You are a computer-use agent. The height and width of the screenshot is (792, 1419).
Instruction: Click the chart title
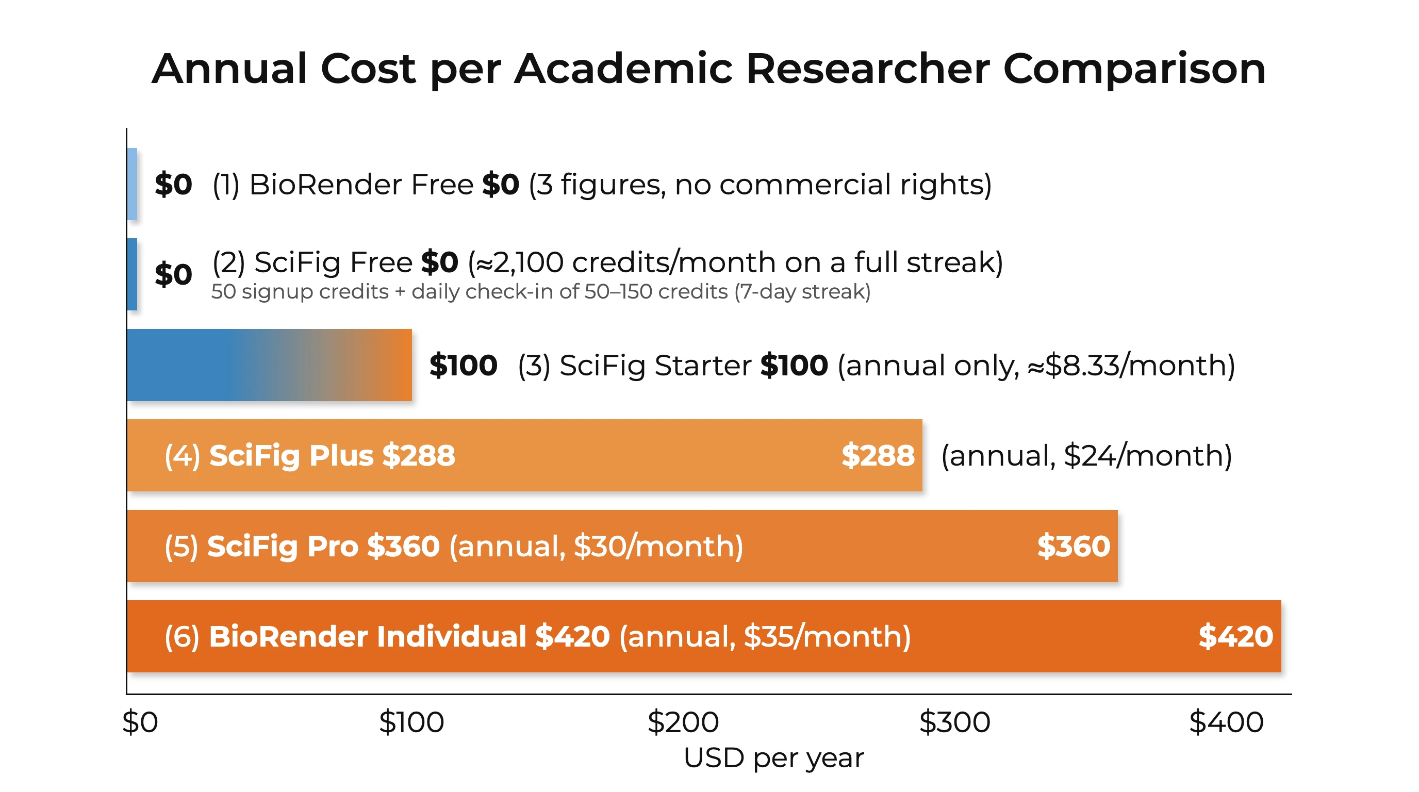click(708, 70)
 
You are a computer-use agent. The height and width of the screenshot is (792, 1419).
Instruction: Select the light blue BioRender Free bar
click(132, 184)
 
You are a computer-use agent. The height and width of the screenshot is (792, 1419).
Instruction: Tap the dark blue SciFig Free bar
click(132, 274)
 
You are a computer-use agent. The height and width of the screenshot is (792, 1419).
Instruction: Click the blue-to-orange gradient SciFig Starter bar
click(269, 365)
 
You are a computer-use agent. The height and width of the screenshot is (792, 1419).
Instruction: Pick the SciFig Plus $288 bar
click(524, 455)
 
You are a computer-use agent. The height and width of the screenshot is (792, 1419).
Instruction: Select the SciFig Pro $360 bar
click(622, 546)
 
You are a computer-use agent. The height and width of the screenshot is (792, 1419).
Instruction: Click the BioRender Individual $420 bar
click(704, 636)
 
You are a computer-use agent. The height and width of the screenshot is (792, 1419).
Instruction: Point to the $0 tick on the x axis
click(140, 722)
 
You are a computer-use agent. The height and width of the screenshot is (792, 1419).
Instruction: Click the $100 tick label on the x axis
click(411, 722)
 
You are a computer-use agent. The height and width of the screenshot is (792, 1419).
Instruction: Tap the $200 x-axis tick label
click(683, 722)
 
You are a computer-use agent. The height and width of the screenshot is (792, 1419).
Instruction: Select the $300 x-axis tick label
click(954, 722)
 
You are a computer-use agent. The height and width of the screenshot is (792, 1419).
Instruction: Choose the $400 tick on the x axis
click(1226, 722)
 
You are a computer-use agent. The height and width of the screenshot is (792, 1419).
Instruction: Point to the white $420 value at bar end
click(1235, 637)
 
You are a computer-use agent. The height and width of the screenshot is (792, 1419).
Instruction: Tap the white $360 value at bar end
click(1074, 547)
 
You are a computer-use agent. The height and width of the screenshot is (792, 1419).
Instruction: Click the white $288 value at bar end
click(878, 455)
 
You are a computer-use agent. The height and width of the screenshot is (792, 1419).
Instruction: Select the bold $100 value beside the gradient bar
click(463, 365)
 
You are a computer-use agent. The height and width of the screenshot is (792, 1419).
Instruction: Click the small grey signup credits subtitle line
click(540, 292)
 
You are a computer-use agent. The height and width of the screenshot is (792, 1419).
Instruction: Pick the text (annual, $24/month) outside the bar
click(1086, 456)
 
